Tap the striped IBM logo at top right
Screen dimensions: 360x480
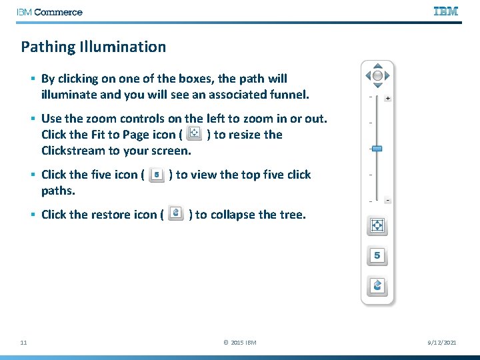[445, 11]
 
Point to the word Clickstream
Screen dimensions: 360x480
[73, 151]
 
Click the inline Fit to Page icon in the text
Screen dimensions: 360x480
[194, 134]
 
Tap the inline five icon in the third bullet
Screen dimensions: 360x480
[157, 174]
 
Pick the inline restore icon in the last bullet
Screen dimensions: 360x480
[176, 214]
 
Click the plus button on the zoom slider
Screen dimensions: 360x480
[387, 98]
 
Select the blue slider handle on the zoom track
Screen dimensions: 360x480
[377, 148]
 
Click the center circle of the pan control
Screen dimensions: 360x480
[377, 76]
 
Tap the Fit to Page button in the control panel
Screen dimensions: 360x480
[377, 226]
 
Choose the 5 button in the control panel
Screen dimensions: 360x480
[377, 255]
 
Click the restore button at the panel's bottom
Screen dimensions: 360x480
[377, 285]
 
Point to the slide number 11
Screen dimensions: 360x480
[23, 343]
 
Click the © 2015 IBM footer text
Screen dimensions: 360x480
[240, 343]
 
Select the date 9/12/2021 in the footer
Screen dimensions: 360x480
[442, 343]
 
